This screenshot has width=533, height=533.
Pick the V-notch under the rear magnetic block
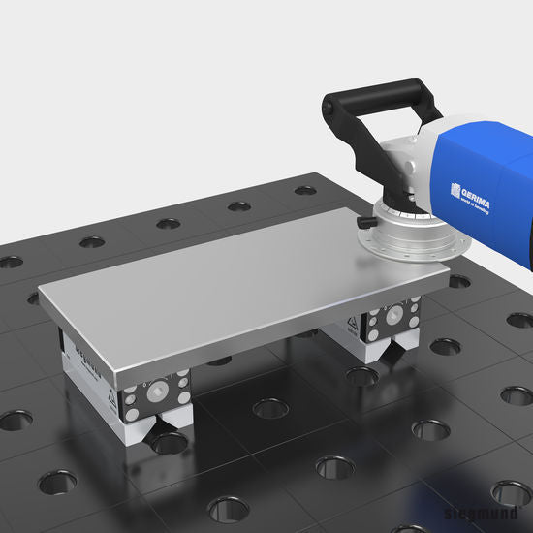(391, 349)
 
